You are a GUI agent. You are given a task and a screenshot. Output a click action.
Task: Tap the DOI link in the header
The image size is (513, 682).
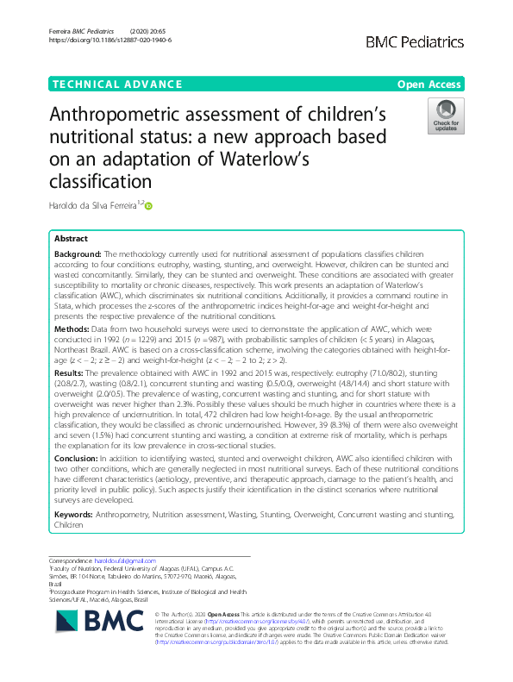click(x=110, y=40)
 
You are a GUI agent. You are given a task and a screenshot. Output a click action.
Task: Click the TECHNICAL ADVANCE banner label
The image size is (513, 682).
click(x=109, y=84)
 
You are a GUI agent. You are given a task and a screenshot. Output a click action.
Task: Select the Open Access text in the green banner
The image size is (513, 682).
click(x=429, y=84)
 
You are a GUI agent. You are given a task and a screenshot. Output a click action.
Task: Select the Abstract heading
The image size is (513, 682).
click(x=71, y=238)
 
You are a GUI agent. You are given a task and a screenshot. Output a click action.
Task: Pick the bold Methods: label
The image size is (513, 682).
click(x=72, y=329)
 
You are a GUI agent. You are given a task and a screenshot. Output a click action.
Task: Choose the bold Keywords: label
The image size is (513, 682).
click(x=74, y=513)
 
